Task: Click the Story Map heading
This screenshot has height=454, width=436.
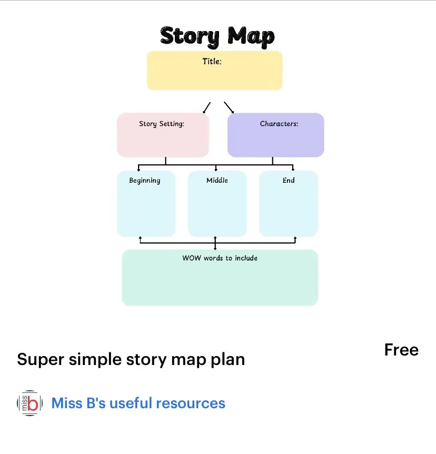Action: click(217, 36)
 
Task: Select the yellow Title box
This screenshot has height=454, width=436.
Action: click(214, 74)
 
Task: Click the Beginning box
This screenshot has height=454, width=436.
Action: click(146, 208)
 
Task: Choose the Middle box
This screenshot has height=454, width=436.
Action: click(217, 208)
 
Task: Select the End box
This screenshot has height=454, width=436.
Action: click(288, 208)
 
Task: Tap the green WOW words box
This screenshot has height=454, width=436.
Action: click(220, 282)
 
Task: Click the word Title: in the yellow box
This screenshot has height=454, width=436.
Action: click(212, 61)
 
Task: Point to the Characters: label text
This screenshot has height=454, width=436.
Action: click(279, 124)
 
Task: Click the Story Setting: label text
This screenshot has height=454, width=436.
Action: click(161, 124)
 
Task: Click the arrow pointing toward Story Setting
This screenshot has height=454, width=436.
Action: click(206, 107)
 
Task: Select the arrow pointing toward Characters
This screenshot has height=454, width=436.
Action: click(229, 107)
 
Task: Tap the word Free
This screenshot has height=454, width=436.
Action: click(401, 350)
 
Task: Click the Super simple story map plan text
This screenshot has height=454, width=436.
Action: click(131, 359)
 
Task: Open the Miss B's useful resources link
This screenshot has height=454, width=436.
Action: click(138, 403)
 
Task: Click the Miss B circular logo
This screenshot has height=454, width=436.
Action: click(29, 403)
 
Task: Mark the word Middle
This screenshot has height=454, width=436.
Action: click(217, 180)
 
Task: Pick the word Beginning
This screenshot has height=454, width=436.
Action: click(145, 180)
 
